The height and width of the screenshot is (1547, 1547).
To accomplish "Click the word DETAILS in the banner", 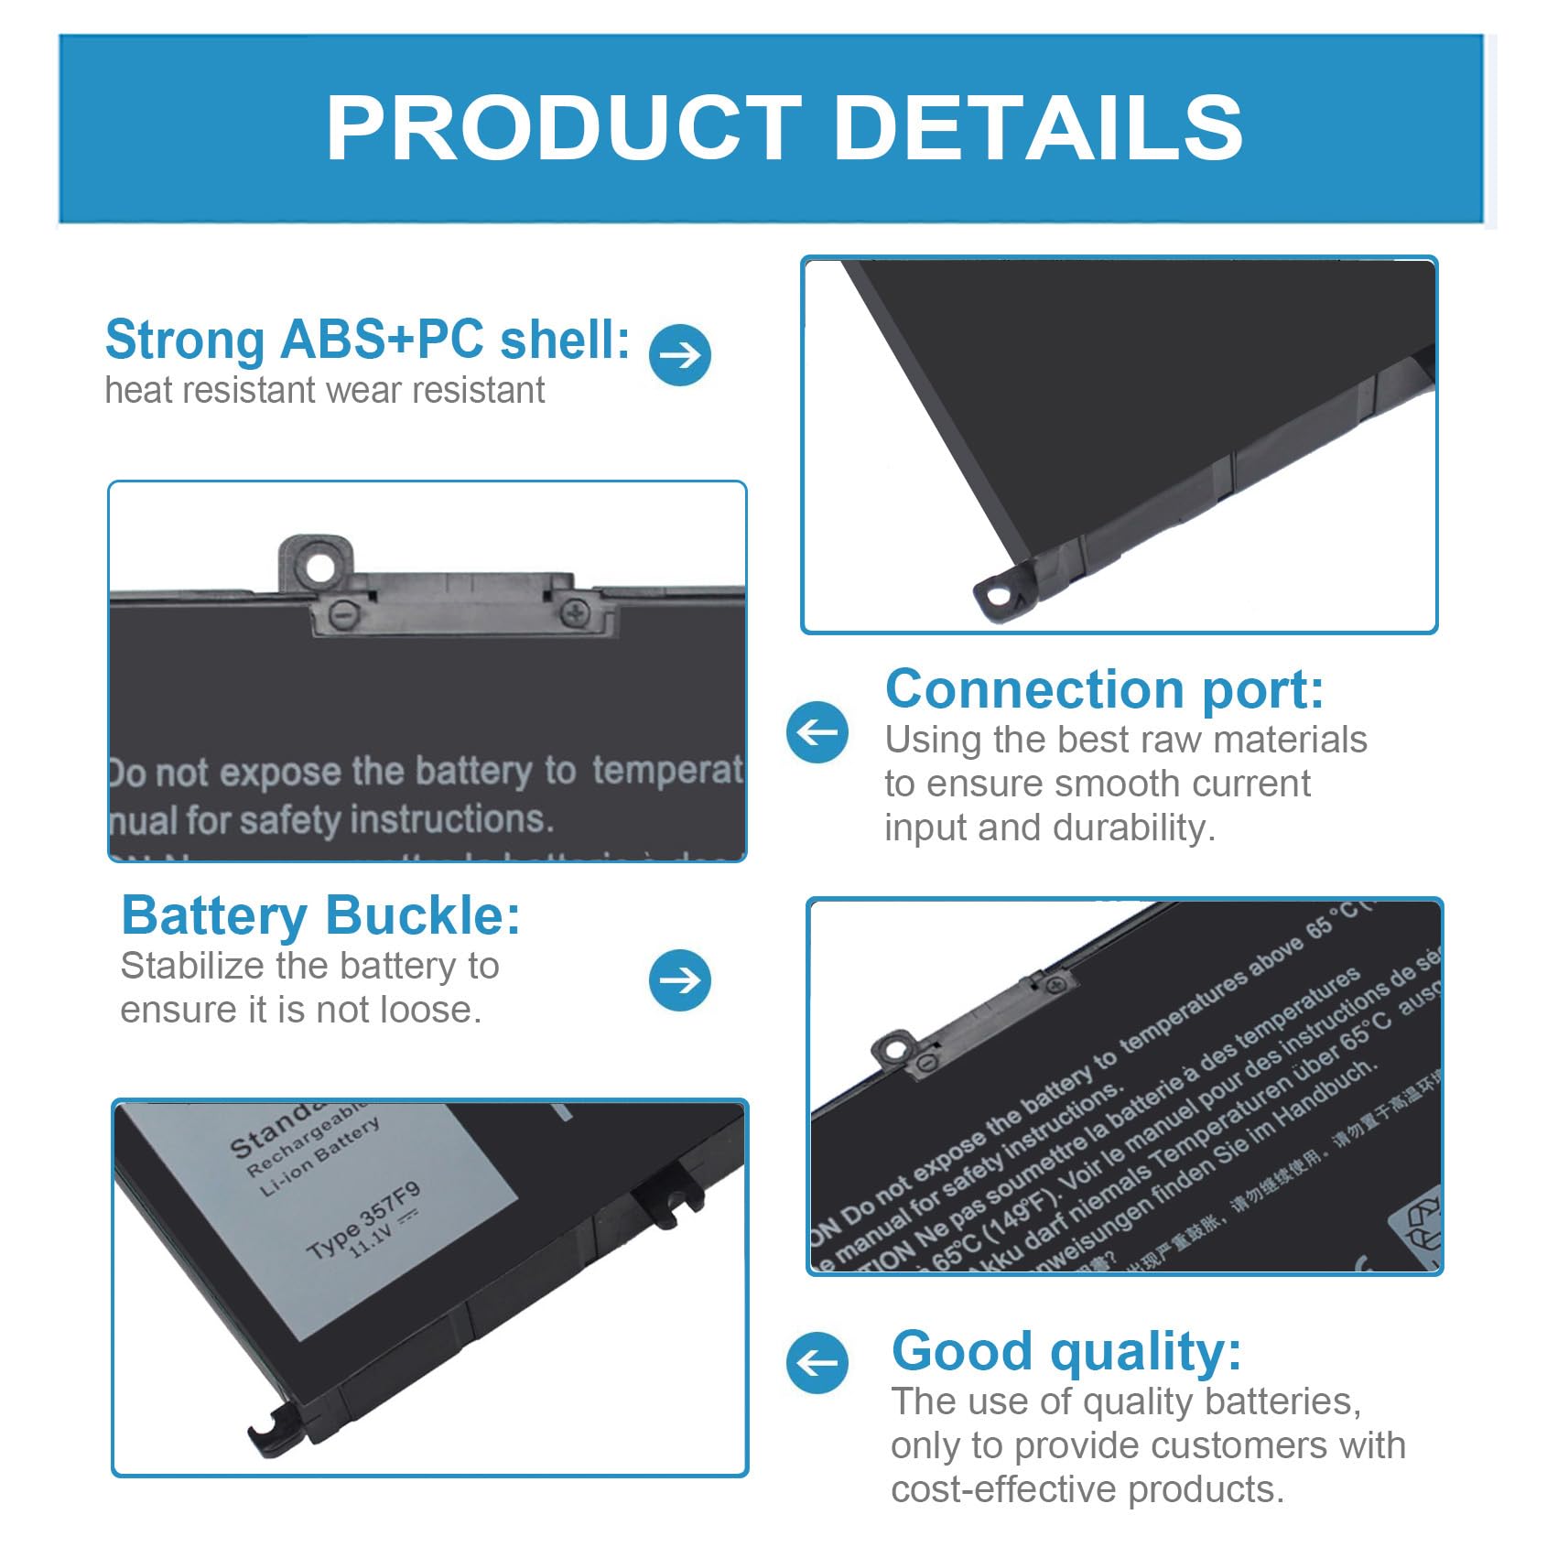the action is (1038, 128).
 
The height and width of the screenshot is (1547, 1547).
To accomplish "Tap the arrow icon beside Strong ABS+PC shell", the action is (680, 354).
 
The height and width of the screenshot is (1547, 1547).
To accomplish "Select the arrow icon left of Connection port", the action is (817, 731).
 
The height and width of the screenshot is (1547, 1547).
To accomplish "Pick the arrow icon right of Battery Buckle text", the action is (680, 980).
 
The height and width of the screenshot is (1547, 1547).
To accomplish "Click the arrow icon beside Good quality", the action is (817, 1363).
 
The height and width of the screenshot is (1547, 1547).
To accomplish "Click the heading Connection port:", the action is (1104, 688).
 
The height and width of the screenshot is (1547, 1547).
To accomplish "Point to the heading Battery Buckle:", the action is (320, 914).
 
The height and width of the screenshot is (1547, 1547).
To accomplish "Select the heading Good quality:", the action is (1066, 1350).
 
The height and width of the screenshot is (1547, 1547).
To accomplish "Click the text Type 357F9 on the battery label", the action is (363, 1221).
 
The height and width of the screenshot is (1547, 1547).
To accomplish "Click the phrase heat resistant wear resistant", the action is (325, 391).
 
